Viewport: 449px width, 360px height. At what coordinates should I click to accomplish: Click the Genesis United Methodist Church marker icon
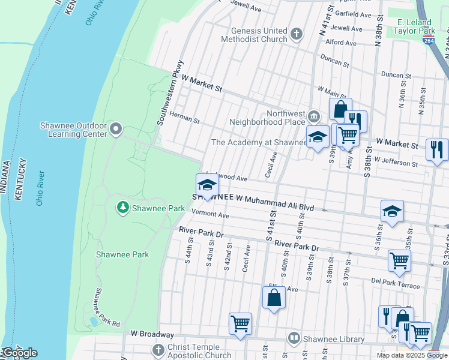pos(297,34)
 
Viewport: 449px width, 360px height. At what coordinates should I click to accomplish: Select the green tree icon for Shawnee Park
pos(123,208)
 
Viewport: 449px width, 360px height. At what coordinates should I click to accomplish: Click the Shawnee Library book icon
pos(294,339)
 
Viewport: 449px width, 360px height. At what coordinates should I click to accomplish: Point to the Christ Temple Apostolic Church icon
pos(158,350)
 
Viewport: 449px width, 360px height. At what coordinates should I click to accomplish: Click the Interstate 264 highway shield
pos(428,40)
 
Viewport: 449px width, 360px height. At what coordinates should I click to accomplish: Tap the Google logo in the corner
pos(19,353)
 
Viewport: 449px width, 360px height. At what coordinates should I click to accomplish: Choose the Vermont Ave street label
pos(210,214)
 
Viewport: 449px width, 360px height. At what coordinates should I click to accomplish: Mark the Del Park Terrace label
pos(395,283)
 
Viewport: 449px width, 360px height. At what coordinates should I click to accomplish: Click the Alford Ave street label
pos(341,43)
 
